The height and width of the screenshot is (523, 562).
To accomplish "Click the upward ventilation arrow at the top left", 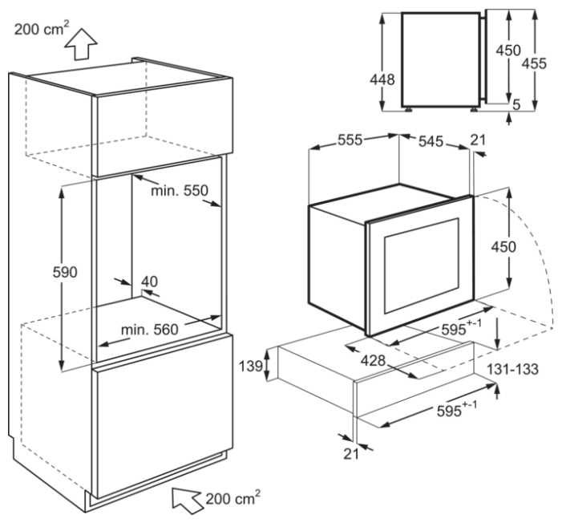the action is point(81,44).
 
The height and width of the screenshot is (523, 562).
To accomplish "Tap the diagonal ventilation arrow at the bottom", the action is point(187,501).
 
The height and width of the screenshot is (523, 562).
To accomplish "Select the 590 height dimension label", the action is point(65,272).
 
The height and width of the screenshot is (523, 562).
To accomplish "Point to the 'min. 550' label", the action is point(180,190).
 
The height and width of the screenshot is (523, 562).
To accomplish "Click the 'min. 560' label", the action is point(150,330).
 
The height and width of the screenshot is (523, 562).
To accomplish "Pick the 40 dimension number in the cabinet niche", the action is point(149,282).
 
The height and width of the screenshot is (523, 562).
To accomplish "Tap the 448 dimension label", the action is point(382,79).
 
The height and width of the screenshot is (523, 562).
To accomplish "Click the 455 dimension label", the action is point(534,63).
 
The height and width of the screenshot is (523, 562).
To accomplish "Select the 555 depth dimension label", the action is point(350,140).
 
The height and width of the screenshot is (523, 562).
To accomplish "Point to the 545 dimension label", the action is point(431,142).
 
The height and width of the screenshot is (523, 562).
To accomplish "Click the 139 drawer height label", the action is point(251,367).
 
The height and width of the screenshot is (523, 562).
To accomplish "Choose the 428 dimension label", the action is point(373,360).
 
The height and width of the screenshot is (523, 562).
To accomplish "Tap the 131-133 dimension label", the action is point(512,369).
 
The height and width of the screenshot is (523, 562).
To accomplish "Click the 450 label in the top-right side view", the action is point(508,51).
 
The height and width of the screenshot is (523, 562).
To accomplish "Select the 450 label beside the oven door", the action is point(503,247).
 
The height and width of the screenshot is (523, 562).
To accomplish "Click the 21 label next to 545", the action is point(478,140).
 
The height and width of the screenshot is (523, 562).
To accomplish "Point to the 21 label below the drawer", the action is point(351,454).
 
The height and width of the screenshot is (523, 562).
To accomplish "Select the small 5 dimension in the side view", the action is point(516,105).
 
